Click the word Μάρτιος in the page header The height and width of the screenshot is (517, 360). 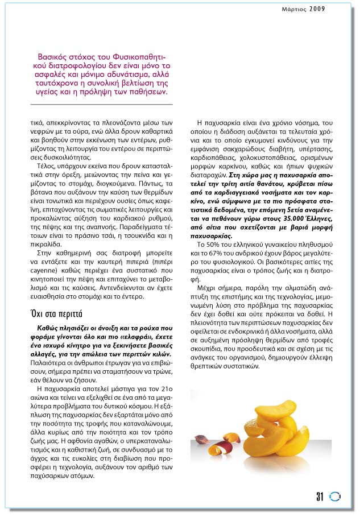pyautogui.click(x=295, y=9)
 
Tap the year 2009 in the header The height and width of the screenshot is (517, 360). pyautogui.click(x=318, y=9)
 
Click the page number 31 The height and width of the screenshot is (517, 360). pyautogui.click(x=320, y=497)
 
